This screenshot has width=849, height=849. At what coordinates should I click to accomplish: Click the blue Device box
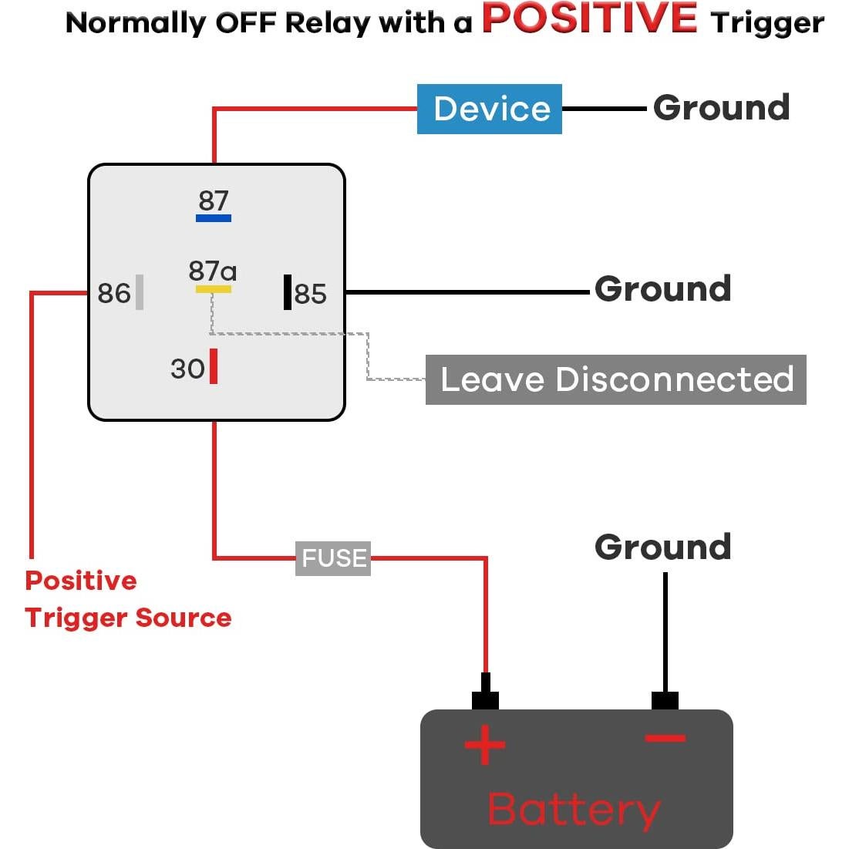(x=489, y=109)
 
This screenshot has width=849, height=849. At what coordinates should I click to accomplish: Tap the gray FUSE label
(x=333, y=558)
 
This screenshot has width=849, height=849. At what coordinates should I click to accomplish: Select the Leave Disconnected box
(x=615, y=379)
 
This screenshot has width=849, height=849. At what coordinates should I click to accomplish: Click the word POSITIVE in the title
(x=590, y=19)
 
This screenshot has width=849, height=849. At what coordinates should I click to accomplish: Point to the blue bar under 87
(x=214, y=218)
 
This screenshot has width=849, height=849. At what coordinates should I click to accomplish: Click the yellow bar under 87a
(x=214, y=289)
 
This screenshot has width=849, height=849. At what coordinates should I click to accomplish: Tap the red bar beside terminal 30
(x=214, y=366)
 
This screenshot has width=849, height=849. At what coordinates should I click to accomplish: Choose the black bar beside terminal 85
(x=288, y=292)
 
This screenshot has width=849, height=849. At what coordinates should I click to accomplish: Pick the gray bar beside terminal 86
(x=140, y=292)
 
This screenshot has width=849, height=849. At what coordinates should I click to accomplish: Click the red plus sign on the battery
(x=484, y=745)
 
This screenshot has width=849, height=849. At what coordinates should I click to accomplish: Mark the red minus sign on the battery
(x=665, y=739)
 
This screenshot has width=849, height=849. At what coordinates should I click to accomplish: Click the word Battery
(x=574, y=810)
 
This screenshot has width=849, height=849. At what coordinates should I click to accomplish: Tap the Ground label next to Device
(x=721, y=108)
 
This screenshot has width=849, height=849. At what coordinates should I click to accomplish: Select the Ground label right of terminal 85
(x=662, y=289)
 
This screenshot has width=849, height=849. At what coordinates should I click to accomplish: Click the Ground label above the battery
(x=662, y=547)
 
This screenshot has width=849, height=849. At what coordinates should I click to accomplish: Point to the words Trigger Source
(x=128, y=618)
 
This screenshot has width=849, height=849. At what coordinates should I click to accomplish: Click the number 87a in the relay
(x=212, y=271)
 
